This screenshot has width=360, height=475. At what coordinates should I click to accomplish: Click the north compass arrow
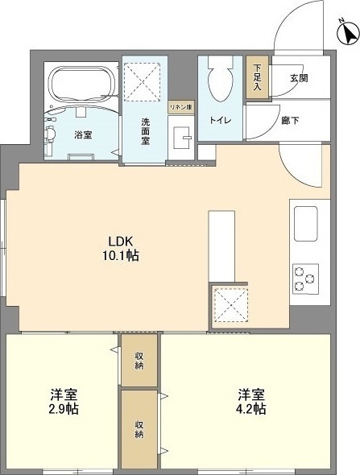349,33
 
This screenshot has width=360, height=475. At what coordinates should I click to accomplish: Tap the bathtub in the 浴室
83,84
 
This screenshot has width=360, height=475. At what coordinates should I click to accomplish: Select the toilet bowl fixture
221,80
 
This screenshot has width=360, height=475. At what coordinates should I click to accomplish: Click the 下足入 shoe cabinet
257,77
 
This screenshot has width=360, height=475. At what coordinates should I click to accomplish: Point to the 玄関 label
299,78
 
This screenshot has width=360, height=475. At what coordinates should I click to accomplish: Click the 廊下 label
290,121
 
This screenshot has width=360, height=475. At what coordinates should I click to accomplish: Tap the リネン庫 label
181,107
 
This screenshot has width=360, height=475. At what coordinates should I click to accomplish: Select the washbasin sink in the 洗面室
181,137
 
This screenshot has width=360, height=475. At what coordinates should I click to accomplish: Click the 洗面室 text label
145,131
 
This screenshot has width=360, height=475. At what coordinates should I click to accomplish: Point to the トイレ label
221,120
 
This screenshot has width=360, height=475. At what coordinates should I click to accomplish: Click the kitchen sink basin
306,224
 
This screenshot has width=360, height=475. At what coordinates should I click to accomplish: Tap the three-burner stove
305,279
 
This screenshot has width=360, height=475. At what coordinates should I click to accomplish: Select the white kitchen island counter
221,246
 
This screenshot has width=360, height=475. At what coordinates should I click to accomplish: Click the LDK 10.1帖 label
121,249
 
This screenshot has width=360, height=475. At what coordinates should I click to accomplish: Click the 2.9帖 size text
64,409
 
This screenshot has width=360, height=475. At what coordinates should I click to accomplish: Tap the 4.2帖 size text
251,409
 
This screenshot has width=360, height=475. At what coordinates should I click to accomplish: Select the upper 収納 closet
139,360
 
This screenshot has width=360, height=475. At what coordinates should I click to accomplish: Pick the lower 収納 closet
139,429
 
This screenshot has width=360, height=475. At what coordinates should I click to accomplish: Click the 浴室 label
83,134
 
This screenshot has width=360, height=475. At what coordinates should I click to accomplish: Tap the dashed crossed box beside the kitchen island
231,305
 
